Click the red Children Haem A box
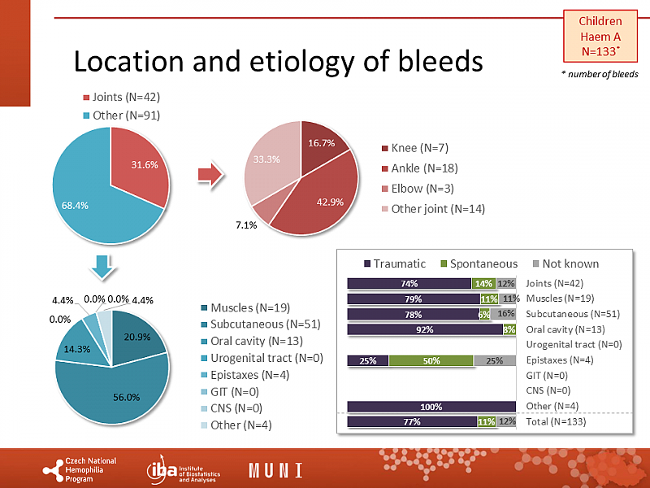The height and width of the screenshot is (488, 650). [x=600, y=36]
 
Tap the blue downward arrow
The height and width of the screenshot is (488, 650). [x=102, y=266]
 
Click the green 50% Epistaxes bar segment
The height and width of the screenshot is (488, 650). [x=431, y=360]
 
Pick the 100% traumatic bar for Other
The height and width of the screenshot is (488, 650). [x=431, y=407]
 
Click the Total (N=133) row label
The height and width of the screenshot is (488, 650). [x=556, y=422]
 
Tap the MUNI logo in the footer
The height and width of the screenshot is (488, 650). [x=275, y=470]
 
